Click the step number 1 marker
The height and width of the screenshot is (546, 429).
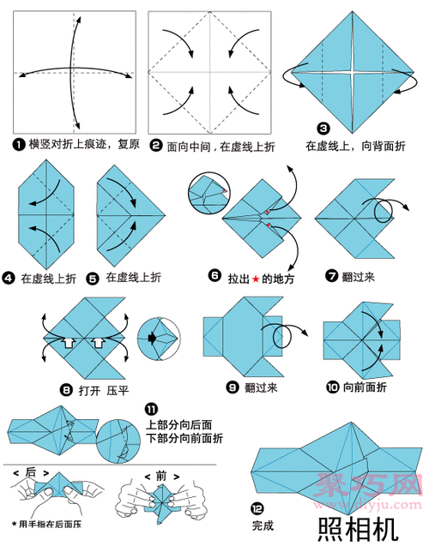[x=19, y=145]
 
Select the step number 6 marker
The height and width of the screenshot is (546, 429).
[x=214, y=276]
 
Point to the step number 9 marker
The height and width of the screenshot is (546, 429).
[x=233, y=387]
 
